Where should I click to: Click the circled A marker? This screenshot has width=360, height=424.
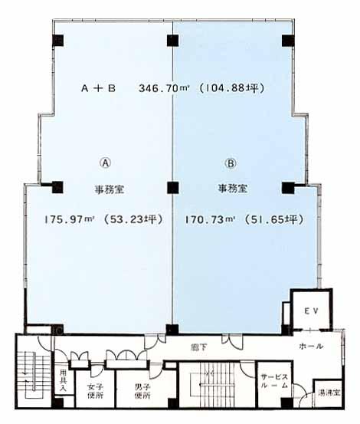tap(106, 163)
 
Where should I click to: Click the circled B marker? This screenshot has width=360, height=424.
tap(230, 163)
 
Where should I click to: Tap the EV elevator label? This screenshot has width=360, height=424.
tap(312, 311)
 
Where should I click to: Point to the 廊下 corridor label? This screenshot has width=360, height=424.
tap(200, 347)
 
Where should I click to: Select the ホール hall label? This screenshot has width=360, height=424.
tap(311, 346)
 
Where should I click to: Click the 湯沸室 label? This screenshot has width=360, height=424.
tap(329, 393)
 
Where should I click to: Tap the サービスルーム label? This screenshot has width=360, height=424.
tap(274, 381)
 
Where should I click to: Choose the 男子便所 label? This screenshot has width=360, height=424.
tap(142, 391)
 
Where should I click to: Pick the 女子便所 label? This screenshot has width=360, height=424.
tap(95, 391)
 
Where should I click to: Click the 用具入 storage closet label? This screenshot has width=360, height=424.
tap(63, 380)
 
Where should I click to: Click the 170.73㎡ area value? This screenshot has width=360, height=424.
tap(209, 219)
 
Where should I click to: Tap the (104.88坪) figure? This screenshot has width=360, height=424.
tap(231, 88)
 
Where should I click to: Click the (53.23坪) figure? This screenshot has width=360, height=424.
tap(133, 219)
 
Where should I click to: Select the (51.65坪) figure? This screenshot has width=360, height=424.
tap(274, 219)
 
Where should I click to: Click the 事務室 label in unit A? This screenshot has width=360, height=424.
tap(109, 189)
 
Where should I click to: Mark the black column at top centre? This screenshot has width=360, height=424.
tap(172, 41)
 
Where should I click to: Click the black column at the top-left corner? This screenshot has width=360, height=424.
tap(57, 41)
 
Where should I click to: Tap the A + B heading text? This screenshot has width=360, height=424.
tap(99, 88)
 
